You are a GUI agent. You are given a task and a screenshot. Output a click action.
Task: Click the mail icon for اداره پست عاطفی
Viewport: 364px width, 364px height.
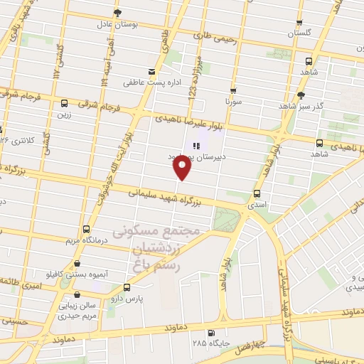(151, 71)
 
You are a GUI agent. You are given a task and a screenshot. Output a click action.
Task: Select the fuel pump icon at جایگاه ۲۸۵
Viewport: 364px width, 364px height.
(210, 332)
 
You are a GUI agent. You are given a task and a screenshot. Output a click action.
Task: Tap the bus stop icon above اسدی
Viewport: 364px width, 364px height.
(257, 193)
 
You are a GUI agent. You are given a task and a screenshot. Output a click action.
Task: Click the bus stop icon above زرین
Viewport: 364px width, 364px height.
(65, 103)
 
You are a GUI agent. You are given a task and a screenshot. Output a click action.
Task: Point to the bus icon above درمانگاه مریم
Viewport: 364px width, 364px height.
(86, 229)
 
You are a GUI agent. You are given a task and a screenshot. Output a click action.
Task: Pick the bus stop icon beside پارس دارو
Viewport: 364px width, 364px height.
(127, 287)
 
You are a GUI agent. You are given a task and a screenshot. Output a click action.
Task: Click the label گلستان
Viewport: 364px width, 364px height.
(300, 33)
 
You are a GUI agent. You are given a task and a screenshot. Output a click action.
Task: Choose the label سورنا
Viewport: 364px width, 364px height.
(234, 101)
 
